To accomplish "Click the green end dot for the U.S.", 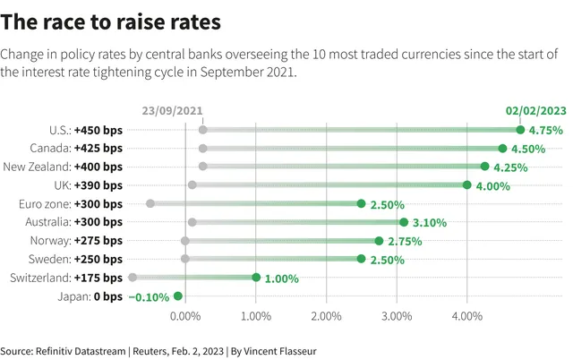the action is pos(520,130).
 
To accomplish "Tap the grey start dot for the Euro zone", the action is pos(150,203).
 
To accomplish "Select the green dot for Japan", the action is pos(178,296).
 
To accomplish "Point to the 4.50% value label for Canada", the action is pos(528,149).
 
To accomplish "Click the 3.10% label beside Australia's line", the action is pos(430,223).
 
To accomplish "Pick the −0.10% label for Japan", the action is pos(149,297).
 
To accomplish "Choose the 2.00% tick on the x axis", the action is pos(326,316).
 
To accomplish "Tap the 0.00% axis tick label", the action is pos(185,316).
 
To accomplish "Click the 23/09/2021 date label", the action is pos(172,111).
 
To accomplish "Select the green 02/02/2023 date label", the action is pos(536,111).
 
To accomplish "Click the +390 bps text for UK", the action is pos(98,185).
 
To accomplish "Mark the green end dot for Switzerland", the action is pos(256,278).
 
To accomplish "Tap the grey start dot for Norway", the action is pos(185,241).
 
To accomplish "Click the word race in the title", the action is pos(64,21).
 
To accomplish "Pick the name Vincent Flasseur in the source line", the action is pos(280,351).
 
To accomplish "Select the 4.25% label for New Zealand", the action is pos(510,167).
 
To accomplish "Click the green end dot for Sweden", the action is pos(361,259).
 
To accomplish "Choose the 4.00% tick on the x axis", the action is pos(467,316).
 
